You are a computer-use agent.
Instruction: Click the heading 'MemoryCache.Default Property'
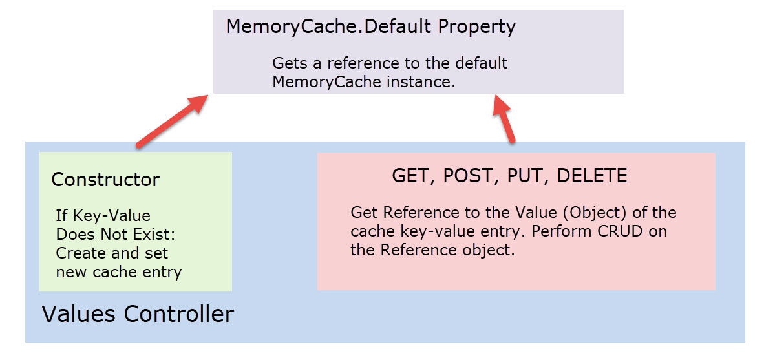tap(371, 26)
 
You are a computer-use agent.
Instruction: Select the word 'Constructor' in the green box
tap(106, 180)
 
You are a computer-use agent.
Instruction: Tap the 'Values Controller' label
tap(138, 314)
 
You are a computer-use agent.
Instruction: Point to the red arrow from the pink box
tap(505, 119)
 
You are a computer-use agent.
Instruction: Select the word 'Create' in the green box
tap(79, 253)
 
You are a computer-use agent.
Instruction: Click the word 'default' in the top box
tap(481, 64)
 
